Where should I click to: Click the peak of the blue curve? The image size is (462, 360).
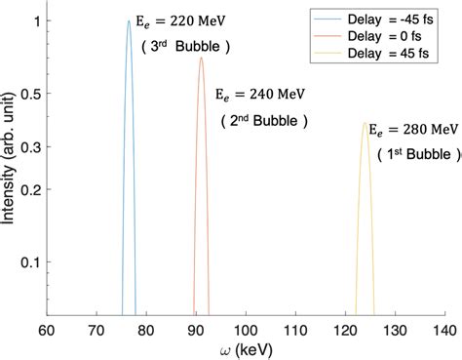[x=129, y=21]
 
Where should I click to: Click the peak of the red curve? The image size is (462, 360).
[x=201, y=58]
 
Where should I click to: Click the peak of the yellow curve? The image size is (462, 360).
[x=366, y=123]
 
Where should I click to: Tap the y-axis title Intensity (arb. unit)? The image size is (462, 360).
[x=11, y=168]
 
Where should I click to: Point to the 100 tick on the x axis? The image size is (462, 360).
[x=245, y=329]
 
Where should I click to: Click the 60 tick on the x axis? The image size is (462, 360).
[x=46, y=329]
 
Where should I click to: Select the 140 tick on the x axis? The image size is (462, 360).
[x=443, y=329]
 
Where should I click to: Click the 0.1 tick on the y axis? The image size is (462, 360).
[x=28, y=262]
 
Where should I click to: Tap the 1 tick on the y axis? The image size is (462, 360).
[x=35, y=21]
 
